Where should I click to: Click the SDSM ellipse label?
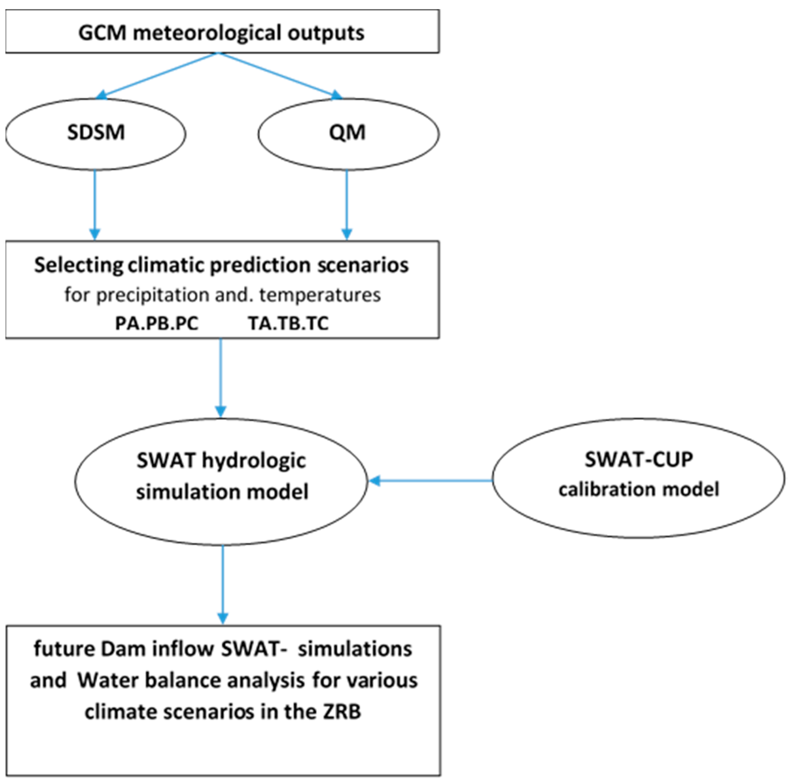(96, 132)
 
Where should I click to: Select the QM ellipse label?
(347, 132)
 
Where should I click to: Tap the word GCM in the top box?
(102, 33)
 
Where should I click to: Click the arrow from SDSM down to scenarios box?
(95, 205)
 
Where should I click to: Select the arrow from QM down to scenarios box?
(347, 205)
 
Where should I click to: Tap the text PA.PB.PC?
(157, 323)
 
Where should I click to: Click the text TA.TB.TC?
(288, 323)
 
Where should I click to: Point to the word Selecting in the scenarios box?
(78, 266)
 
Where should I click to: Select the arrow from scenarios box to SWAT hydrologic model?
(221, 378)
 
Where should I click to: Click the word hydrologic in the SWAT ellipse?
(254, 461)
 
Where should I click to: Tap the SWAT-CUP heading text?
(638, 460)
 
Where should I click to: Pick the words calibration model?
(638, 489)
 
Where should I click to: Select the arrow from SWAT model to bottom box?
(223, 584)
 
